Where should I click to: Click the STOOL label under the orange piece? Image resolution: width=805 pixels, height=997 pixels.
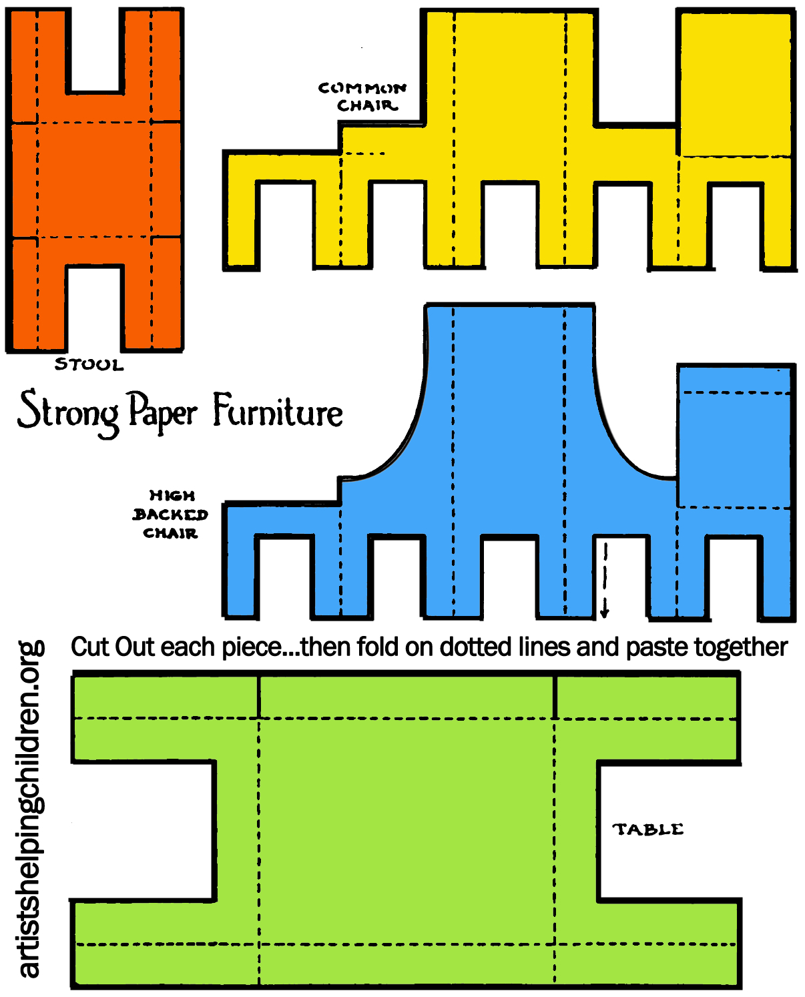click(x=89, y=364)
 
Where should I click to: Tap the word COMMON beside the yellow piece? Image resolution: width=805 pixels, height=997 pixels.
click(x=362, y=88)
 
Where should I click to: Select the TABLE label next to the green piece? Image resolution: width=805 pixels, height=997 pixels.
click(x=648, y=829)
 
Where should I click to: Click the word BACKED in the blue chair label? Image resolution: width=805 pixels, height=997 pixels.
click(x=170, y=515)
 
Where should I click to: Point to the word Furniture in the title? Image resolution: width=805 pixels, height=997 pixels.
click(x=278, y=411)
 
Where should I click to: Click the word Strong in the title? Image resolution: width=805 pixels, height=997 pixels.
click(x=68, y=412)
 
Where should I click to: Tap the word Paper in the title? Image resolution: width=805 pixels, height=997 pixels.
click(x=163, y=411)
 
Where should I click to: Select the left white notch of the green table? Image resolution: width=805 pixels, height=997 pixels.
click(x=143, y=832)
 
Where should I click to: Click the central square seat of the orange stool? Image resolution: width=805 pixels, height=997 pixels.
click(x=94, y=180)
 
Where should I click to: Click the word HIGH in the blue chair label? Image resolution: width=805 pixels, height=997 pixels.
click(x=172, y=496)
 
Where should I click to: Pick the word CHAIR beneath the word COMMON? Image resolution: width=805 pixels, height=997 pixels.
click(x=366, y=106)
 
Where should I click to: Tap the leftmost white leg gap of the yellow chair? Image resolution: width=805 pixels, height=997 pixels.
click(x=285, y=224)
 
